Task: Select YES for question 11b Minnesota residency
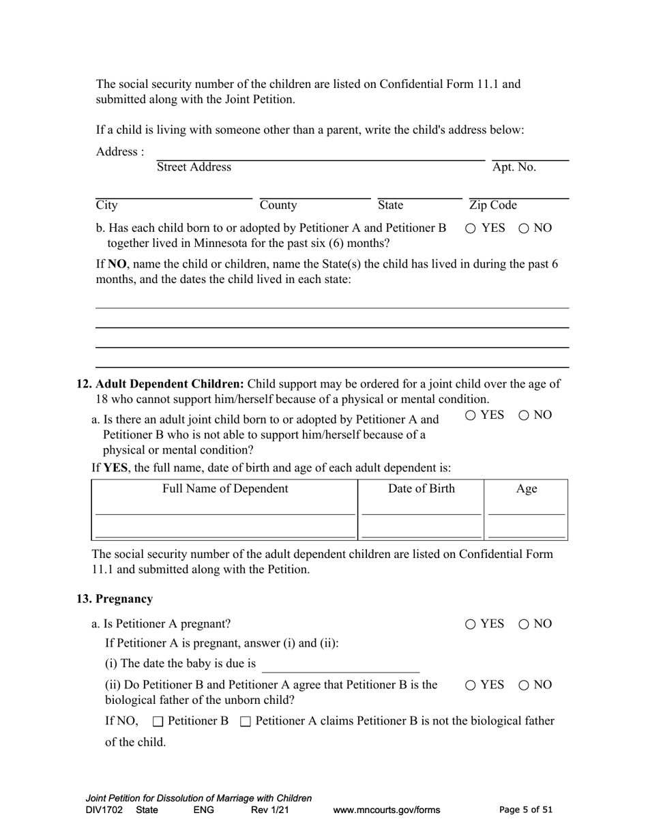(x=471, y=229)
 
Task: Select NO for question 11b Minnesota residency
(x=524, y=229)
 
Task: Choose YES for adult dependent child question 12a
(x=471, y=415)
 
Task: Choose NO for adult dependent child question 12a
(x=524, y=415)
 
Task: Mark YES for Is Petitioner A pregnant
(x=471, y=624)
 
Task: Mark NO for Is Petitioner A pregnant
(x=524, y=624)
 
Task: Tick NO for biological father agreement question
(x=524, y=685)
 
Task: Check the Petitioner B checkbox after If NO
(x=158, y=722)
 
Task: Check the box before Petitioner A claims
(x=246, y=722)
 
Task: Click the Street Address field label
(x=194, y=168)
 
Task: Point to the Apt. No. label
(x=514, y=168)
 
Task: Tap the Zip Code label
(x=493, y=205)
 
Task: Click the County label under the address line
(x=278, y=205)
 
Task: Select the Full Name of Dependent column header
(x=225, y=489)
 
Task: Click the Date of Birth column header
(x=421, y=489)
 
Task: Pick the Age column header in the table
(x=527, y=489)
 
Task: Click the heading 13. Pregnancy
(x=115, y=599)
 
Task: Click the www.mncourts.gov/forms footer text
(x=386, y=810)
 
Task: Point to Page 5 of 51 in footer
(x=526, y=810)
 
